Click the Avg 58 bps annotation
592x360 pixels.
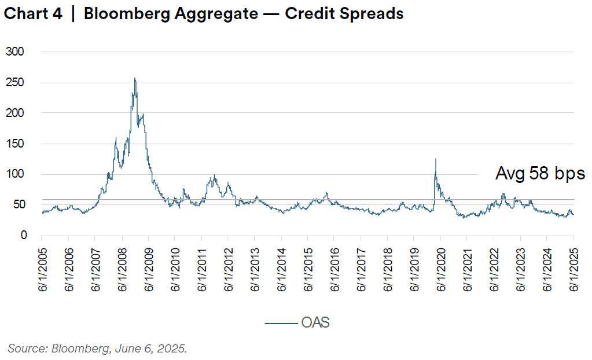pyautogui.click(x=540, y=174)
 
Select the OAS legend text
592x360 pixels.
pyautogui.click(x=315, y=322)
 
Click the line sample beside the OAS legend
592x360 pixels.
pyautogui.click(x=281, y=323)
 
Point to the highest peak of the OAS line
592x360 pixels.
pyautogui.click(x=135, y=78)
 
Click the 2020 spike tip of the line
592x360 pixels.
pyautogui.click(x=435, y=159)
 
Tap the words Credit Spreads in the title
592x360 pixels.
pyautogui.click(x=346, y=14)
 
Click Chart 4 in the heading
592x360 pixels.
pyautogui.click(x=33, y=14)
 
